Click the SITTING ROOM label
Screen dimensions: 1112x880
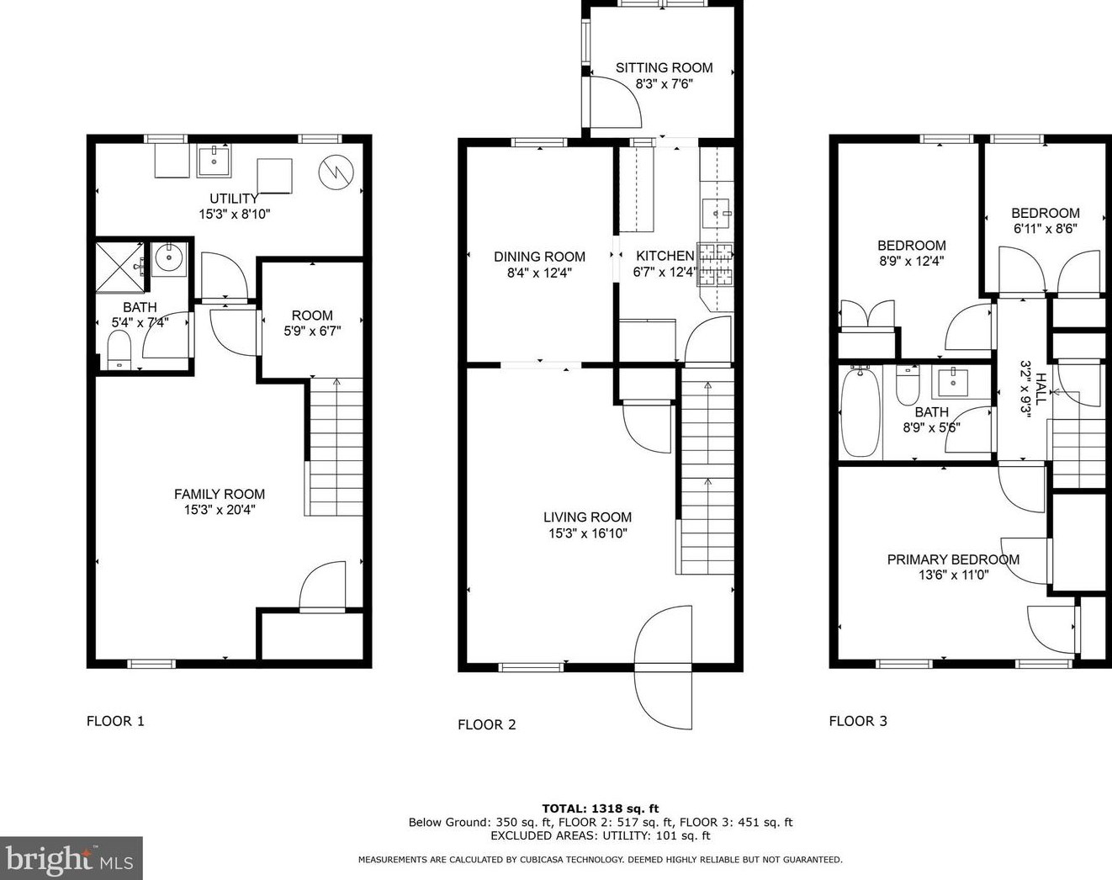[x=664, y=67]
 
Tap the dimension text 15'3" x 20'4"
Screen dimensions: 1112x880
[x=220, y=510]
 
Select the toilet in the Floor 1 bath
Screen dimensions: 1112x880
[x=120, y=350]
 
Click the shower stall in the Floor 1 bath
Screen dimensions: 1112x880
[x=121, y=267]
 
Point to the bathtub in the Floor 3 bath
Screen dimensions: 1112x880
[x=860, y=411]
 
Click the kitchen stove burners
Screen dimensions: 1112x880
[x=715, y=264]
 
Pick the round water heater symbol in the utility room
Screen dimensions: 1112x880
[x=336, y=172]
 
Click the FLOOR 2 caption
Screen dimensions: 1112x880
[x=487, y=724]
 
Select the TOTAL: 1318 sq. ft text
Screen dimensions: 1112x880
[x=601, y=808]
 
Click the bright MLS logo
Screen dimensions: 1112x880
[x=71, y=858]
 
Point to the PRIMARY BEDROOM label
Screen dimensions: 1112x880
[x=953, y=559]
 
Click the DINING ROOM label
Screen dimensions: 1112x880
[x=539, y=257]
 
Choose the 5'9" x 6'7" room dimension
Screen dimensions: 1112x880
[x=312, y=331]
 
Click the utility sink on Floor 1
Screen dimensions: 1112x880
[x=214, y=162]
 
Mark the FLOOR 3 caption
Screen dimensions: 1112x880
[x=858, y=721]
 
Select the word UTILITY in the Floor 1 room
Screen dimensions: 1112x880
[x=234, y=199]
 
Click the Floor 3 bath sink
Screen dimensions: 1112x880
[x=952, y=382]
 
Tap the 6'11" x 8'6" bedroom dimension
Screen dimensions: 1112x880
[x=1046, y=228]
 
